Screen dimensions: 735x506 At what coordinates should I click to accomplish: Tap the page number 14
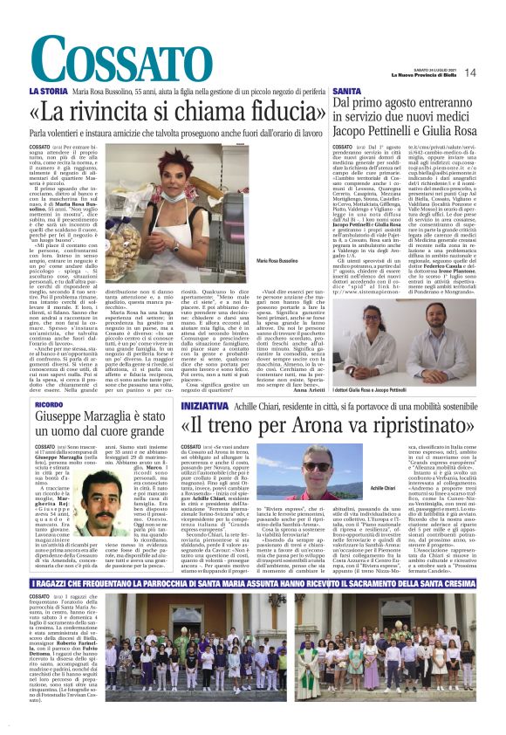coord(468,72)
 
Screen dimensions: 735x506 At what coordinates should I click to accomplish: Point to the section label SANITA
coord(346,91)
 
